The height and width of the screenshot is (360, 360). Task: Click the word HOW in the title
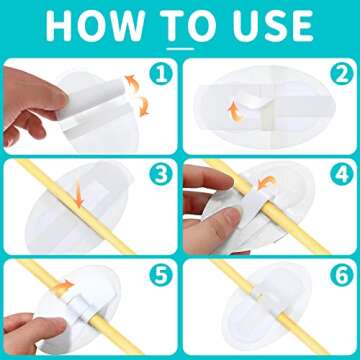[95, 25]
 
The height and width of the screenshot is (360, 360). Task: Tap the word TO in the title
[179, 25]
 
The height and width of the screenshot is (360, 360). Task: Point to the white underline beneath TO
[179, 46]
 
